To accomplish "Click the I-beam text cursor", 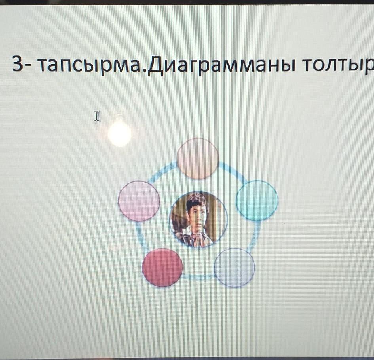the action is click(x=97, y=116).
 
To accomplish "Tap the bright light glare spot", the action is click(x=120, y=134).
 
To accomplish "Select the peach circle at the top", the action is click(x=198, y=158).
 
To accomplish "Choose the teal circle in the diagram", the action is click(x=257, y=200).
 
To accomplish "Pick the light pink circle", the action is click(x=139, y=201).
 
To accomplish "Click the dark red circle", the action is click(x=162, y=267).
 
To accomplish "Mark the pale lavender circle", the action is click(x=234, y=267).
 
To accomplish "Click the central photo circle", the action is click(x=198, y=219).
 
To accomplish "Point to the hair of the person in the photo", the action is click(x=196, y=200).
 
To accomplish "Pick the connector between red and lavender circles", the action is click(x=198, y=277).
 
